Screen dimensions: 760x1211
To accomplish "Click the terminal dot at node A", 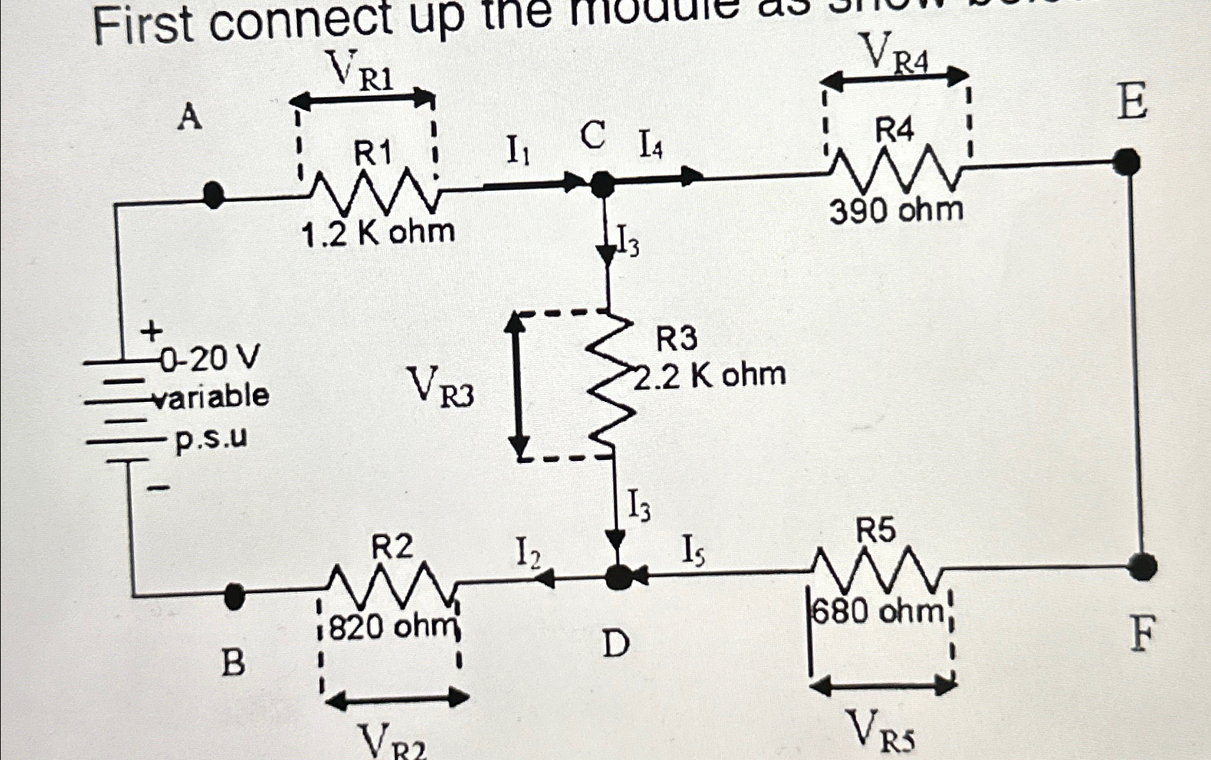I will [213, 195].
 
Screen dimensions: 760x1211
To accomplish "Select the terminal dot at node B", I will [234, 595].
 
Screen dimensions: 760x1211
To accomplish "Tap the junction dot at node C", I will [602, 185].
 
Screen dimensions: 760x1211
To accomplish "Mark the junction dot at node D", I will [616, 576].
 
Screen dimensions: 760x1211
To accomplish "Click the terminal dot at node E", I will [1126, 162].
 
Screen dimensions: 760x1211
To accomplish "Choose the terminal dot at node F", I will [1141, 567].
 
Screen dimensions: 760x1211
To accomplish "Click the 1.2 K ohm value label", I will [378, 232].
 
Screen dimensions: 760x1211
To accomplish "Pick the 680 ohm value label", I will [878, 612].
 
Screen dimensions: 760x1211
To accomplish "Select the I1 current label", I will [518, 151].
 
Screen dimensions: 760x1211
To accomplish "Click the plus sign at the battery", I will [151, 331].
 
